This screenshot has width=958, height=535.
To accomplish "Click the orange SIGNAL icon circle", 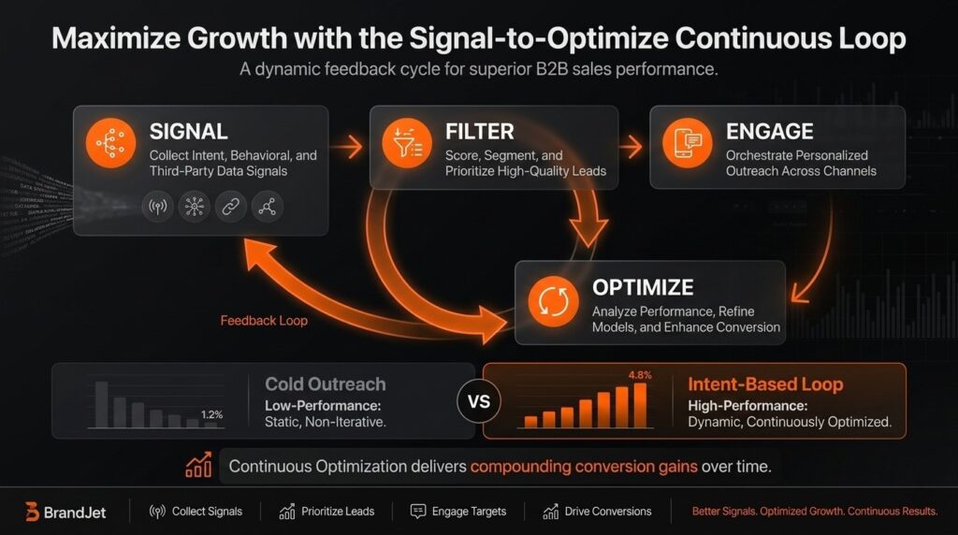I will (x=110, y=144).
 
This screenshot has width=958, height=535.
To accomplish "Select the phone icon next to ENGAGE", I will (x=688, y=144).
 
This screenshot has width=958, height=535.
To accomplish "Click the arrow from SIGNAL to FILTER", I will (x=349, y=146).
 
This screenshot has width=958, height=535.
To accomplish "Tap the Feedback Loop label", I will (x=264, y=321).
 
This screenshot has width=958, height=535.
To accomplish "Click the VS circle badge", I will (x=479, y=402).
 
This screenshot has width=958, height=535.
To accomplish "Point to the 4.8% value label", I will (x=639, y=375).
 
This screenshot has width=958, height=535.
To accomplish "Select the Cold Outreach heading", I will (x=325, y=384).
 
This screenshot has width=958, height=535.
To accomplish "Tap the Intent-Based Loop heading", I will (x=765, y=384).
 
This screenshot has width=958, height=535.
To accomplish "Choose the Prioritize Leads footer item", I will (x=327, y=512).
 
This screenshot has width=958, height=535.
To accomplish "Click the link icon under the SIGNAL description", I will (x=230, y=207).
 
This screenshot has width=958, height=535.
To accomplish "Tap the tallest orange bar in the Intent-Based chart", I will (x=640, y=404).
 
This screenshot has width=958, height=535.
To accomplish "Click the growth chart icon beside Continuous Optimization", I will (x=198, y=465).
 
